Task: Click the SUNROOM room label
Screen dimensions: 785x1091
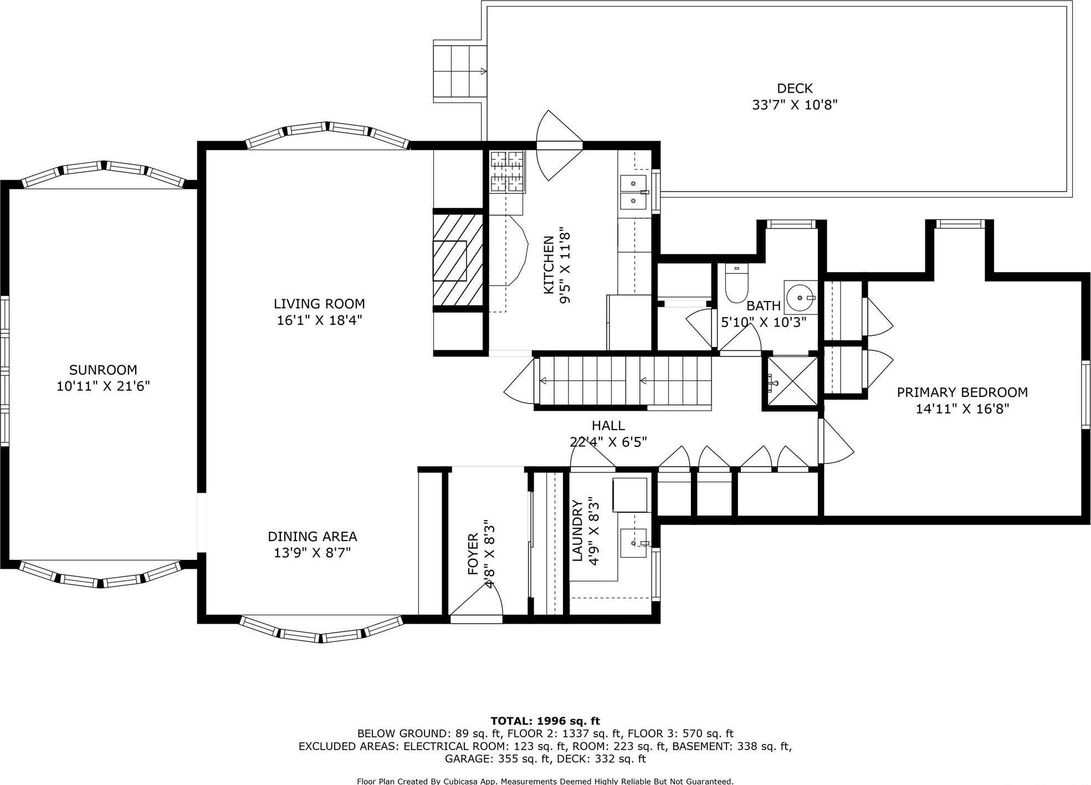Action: point(103,370)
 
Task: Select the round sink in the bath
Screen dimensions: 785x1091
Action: point(800,297)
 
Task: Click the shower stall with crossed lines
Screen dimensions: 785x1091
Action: point(791,382)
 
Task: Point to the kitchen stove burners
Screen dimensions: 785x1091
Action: point(507,172)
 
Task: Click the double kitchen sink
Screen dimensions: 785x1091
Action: point(633,192)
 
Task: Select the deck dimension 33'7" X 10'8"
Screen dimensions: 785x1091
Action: point(794,105)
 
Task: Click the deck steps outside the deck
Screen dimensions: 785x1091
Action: point(459,71)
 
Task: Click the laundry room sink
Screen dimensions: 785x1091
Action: point(633,542)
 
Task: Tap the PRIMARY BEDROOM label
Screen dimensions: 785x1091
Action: point(962,392)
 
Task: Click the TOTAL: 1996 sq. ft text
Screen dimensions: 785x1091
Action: point(545,721)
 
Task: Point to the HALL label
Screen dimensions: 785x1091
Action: point(608,426)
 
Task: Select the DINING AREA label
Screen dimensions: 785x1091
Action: point(312,537)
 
